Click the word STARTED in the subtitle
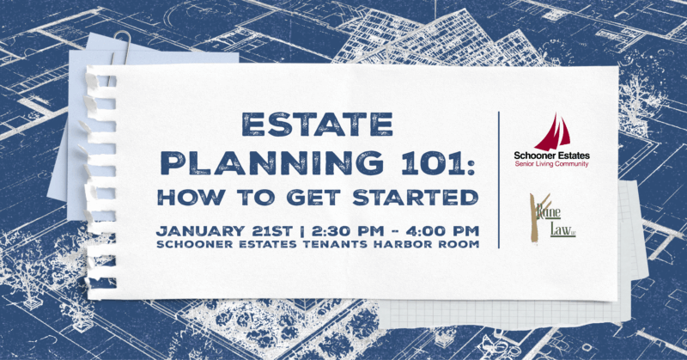point(429,197)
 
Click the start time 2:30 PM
point(341,230)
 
